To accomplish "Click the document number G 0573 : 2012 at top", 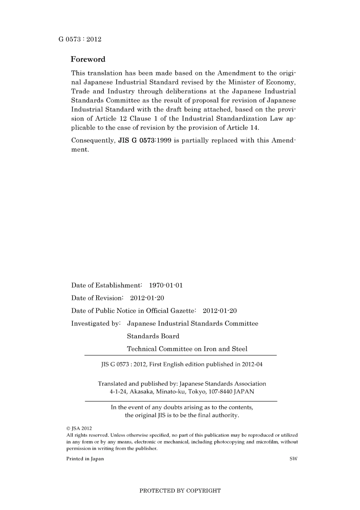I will [80, 39].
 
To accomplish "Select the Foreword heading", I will [88, 59].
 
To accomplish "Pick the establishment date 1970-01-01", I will [166, 286].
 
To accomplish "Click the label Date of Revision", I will [97, 298].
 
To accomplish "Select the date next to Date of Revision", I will [147, 298].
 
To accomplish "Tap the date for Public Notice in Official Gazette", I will [220, 311].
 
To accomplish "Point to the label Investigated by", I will [95, 323].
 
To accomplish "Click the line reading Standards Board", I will [153, 336].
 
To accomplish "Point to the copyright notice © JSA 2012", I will [79, 428].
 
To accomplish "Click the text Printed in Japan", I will [85, 459].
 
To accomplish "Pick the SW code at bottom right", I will [293, 459].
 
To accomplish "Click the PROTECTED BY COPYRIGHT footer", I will [180, 491].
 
